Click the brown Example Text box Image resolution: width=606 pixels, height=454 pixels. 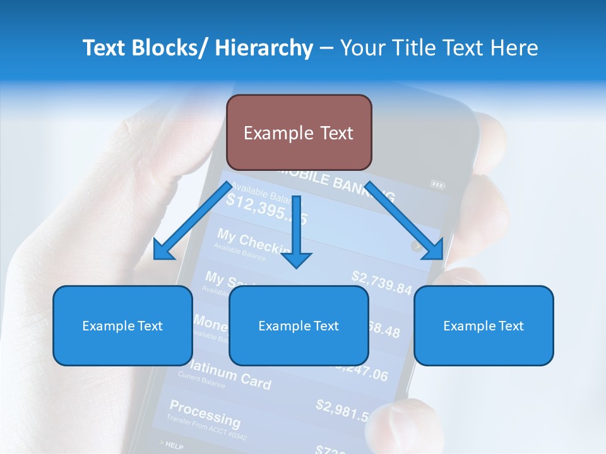[x=299, y=132]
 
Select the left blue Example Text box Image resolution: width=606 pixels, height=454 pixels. [x=122, y=325]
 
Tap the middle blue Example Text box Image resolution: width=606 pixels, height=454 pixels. [x=299, y=325]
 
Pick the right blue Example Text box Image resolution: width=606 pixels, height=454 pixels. [x=484, y=325]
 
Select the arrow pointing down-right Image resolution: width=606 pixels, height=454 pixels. [x=404, y=221]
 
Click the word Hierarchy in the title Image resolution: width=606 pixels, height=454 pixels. [x=264, y=48]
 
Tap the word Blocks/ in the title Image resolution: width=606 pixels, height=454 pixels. [x=170, y=48]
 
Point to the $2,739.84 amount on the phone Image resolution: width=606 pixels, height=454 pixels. [x=381, y=282]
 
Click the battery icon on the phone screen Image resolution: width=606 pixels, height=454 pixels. [x=437, y=184]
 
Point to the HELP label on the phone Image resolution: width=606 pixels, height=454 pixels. [x=174, y=446]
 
